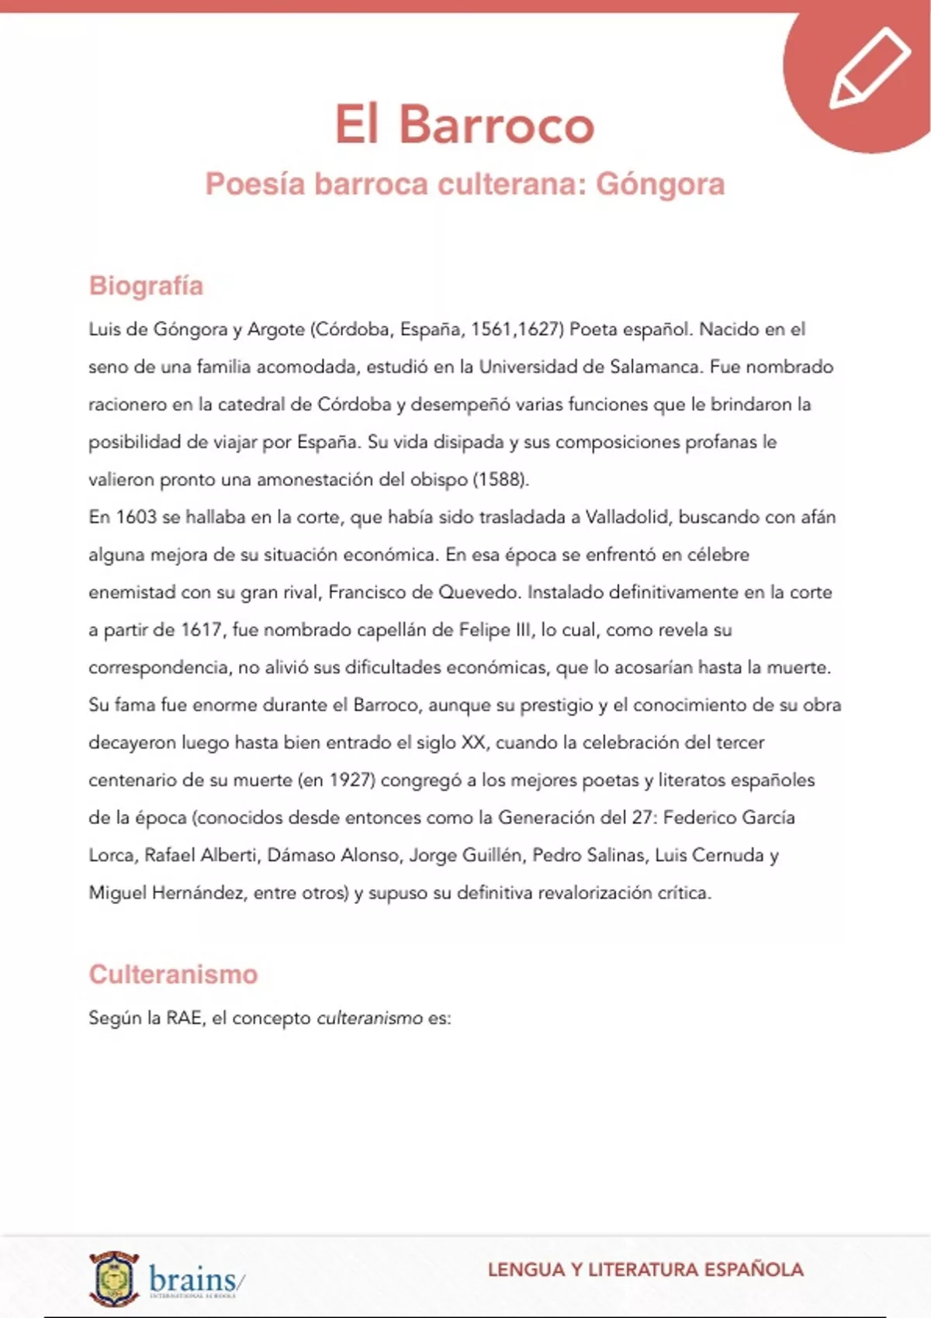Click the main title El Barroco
pyautogui.click(x=464, y=124)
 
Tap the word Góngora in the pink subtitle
pyautogui.click(x=660, y=185)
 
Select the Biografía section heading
pyautogui.click(x=146, y=285)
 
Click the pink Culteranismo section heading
pyautogui.click(x=173, y=974)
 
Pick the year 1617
pyautogui.click(x=202, y=630)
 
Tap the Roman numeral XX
pyautogui.click(x=473, y=743)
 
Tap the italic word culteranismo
pyautogui.click(x=370, y=1018)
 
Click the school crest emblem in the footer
pyautogui.click(x=114, y=1278)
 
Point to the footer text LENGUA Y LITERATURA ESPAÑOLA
pyautogui.click(x=645, y=1270)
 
